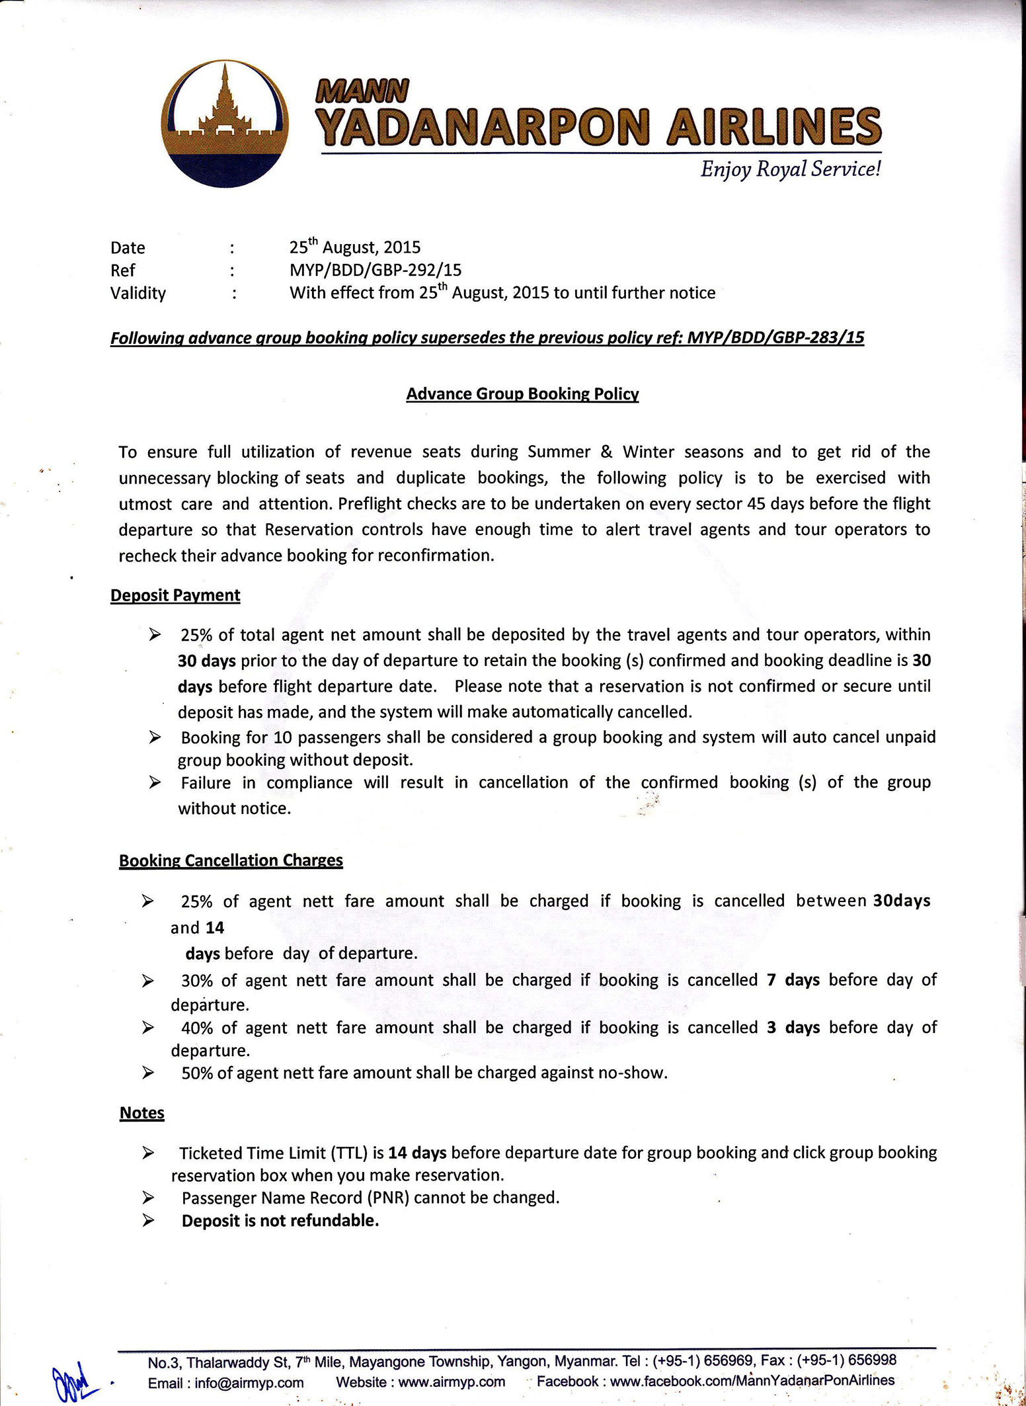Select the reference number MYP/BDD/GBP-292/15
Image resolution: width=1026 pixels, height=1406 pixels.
click(x=375, y=270)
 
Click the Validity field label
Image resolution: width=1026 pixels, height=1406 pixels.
click(x=138, y=293)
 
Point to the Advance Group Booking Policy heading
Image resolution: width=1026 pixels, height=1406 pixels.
click(x=522, y=394)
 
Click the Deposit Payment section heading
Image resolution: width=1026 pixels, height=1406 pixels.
click(x=175, y=595)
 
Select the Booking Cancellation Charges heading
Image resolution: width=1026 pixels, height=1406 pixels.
click(x=231, y=860)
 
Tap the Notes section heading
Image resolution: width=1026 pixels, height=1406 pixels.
click(x=141, y=1113)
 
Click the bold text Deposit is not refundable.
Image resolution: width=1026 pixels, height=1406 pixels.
click(x=280, y=1221)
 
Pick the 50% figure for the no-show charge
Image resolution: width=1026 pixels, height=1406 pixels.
click(x=197, y=1073)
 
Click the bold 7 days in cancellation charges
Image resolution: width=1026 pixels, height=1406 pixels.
click(x=793, y=979)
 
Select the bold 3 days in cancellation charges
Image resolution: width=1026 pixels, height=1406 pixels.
click(x=793, y=1027)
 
